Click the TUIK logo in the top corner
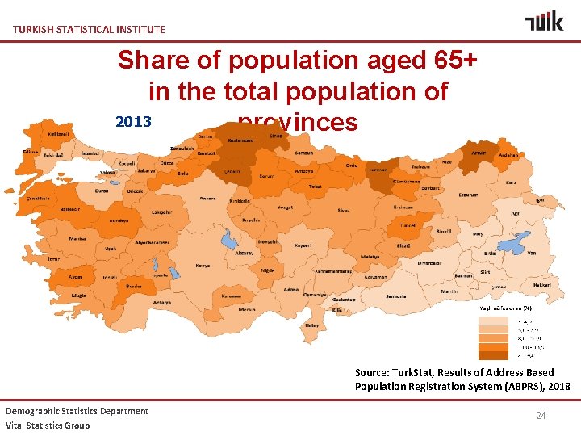pyautogui.click(x=544, y=21)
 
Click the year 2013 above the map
pyautogui.click(x=134, y=122)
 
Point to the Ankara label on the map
pyautogui.click(x=207, y=199)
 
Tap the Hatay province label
pyautogui.click(x=311, y=326)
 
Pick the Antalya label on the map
pyautogui.click(x=162, y=303)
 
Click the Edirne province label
pyautogui.click(x=31, y=151)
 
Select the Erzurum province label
pyautogui.click(x=468, y=195)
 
